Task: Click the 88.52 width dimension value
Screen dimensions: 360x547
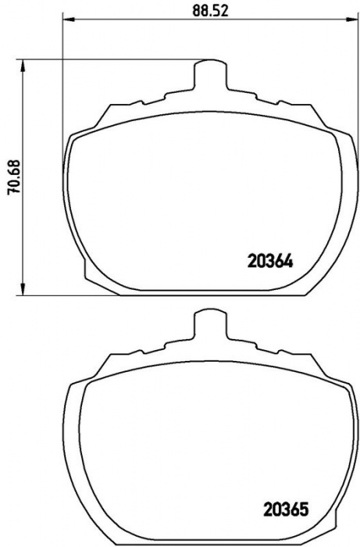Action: [x=211, y=11]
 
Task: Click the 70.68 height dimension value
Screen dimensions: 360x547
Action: [x=14, y=177]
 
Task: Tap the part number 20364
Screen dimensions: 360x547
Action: [x=270, y=261]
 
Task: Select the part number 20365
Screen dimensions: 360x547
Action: [x=286, y=509]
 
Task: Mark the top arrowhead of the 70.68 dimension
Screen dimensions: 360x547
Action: [x=23, y=66]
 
